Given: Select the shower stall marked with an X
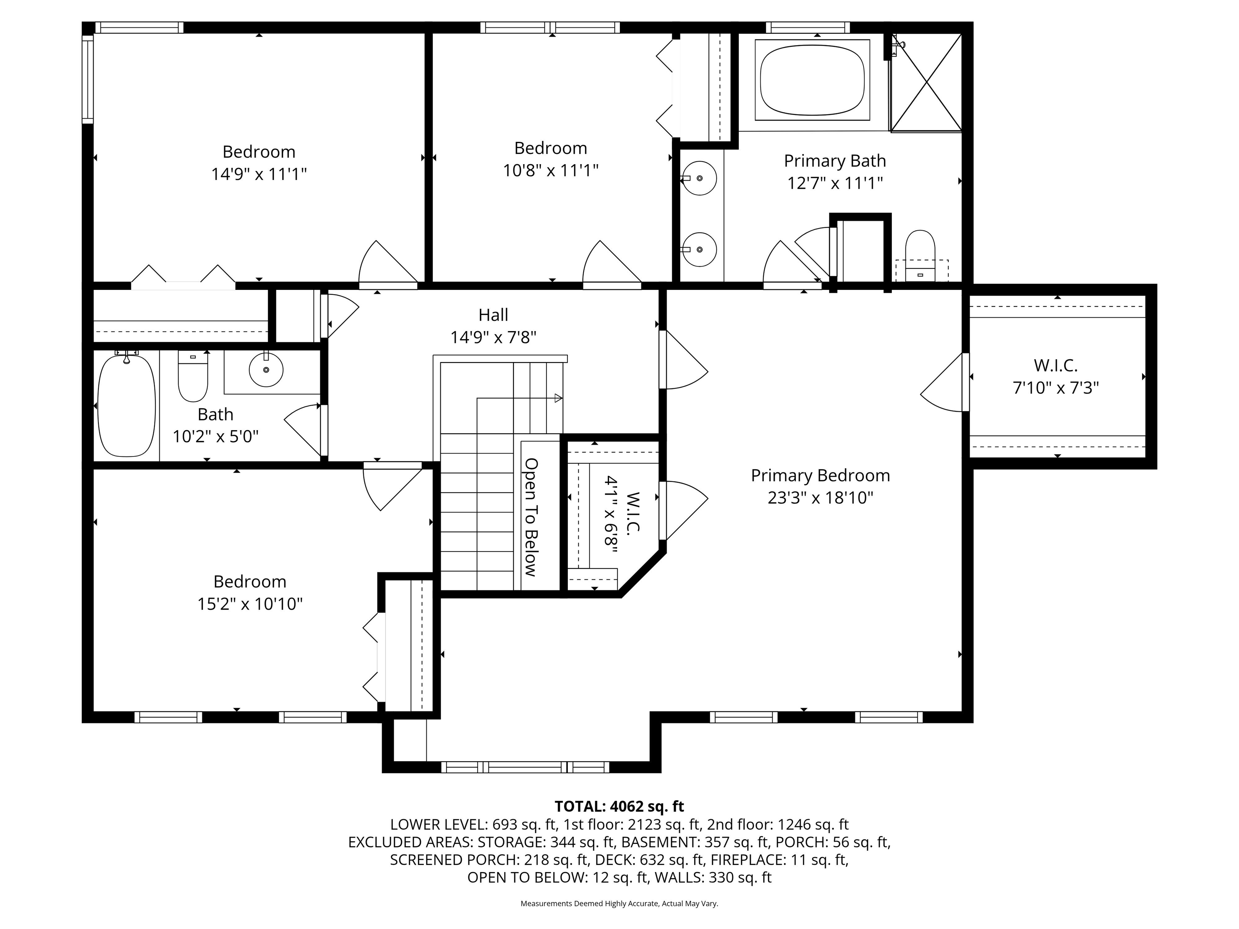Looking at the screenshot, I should tap(926, 83).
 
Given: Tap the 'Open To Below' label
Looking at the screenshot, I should tap(531, 517).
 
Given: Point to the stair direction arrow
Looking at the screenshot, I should tap(557, 398).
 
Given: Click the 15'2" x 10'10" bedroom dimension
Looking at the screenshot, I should tap(250, 604).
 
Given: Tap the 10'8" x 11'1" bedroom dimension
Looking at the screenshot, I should tap(550, 170).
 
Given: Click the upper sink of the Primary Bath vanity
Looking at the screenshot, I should tap(700, 178).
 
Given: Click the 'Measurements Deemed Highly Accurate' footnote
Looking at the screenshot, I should tap(619, 903).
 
